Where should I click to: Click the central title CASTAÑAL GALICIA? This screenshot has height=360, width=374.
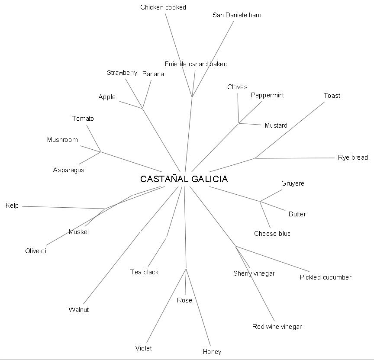coord(184,179)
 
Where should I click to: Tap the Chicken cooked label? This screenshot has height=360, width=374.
coord(163,7)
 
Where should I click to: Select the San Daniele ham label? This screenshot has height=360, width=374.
coord(237,15)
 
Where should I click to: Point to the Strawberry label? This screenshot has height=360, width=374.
coord(122,73)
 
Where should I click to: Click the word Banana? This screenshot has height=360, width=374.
coord(153,74)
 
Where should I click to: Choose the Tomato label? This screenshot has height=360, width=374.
coord(83,119)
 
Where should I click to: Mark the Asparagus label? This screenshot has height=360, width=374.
coord(69,170)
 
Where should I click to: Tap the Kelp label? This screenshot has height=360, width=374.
coord(12,206)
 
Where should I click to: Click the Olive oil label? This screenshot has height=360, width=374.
coord(36,251)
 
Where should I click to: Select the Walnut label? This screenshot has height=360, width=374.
coord(79,310)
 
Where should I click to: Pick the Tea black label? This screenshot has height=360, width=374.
coord(145,272)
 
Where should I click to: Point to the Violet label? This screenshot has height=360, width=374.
coord(144,348)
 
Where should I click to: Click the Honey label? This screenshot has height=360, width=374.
coord(212,352)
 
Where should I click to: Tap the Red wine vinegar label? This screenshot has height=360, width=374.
coord(277,327)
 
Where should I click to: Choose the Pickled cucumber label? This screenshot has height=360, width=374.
coord(326,277)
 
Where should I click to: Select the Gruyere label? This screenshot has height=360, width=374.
coord(293,183)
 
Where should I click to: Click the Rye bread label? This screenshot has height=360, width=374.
coord(353,157)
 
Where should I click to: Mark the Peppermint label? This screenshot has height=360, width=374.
coord(268,95)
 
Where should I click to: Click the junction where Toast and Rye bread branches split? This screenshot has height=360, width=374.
coord(255,158)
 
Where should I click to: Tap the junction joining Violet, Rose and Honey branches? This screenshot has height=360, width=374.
coord(186,269)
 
